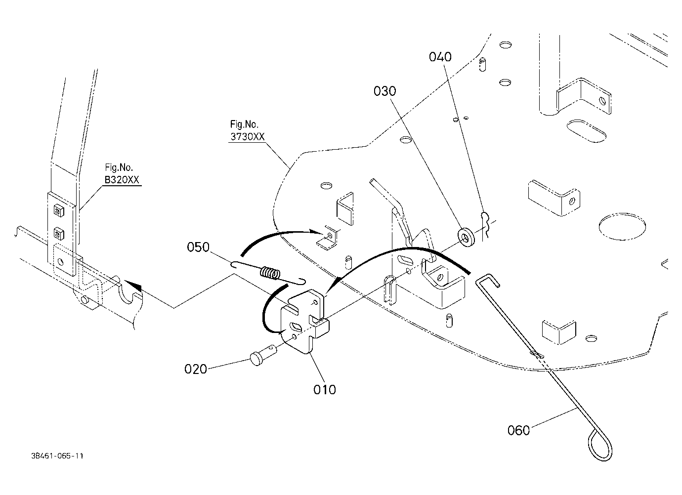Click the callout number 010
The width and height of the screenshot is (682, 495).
tap(325, 390)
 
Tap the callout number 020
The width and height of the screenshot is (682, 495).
tap(196, 369)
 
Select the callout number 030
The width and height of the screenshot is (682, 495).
tap(385, 91)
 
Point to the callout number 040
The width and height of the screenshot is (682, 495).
tap(440, 57)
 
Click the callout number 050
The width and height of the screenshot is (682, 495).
tap(198, 247)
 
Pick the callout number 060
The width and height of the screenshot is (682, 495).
tap(518, 430)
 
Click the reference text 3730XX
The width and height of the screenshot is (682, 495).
tap(248, 137)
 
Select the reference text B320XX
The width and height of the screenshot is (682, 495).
tap(122, 180)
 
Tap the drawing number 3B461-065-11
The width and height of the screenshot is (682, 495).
tap(57, 456)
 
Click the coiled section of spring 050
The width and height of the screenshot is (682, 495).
tap(270, 273)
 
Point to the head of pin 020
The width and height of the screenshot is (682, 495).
tap(256, 359)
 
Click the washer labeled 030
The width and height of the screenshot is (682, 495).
tap(466, 237)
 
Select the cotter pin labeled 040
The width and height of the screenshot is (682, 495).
tap(485, 225)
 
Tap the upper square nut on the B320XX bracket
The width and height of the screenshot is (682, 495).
tap(59, 210)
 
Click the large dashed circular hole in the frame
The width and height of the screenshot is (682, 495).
tap(622, 227)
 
